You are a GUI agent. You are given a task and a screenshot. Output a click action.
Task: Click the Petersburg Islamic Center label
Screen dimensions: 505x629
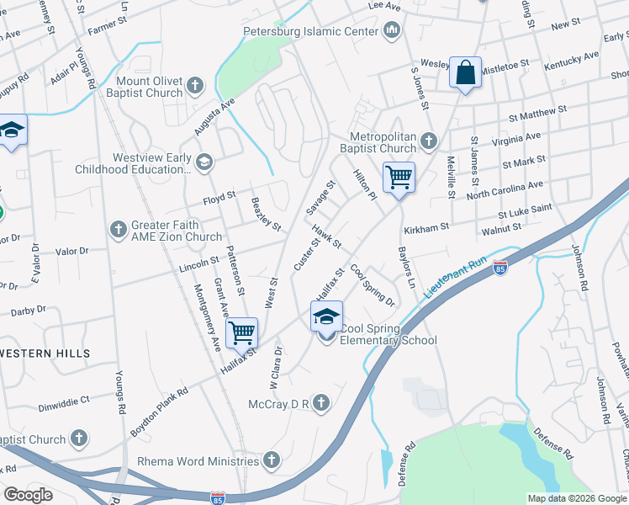(309, 32)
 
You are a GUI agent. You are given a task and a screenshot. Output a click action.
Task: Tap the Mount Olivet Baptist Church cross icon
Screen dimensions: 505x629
(195, 84)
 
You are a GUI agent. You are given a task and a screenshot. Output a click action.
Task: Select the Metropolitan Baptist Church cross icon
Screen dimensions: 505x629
(430, 140)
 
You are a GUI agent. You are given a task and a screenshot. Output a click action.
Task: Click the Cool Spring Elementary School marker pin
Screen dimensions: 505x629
(326, 320)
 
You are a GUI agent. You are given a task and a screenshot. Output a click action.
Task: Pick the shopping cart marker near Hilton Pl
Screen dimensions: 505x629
(399, 179)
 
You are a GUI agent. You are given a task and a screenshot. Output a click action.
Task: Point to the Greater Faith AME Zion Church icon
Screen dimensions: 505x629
(119, 229)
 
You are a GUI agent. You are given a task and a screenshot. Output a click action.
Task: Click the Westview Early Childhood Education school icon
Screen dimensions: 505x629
(203, 161)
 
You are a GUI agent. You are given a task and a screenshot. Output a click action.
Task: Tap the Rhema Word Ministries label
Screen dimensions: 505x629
(198, 461)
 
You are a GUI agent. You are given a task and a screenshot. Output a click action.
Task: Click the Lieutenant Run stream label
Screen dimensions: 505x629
(456, 277)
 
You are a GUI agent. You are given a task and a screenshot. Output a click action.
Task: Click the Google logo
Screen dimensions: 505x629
(28, 495)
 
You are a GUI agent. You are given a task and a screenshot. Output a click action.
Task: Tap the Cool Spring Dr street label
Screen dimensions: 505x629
(373, 284)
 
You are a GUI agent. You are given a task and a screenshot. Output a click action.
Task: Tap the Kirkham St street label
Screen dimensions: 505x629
(426, 226)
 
